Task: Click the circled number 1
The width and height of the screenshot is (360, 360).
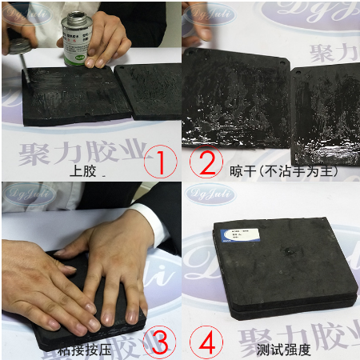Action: coord(160,162)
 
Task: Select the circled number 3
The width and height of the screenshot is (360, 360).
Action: coord(160,342)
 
